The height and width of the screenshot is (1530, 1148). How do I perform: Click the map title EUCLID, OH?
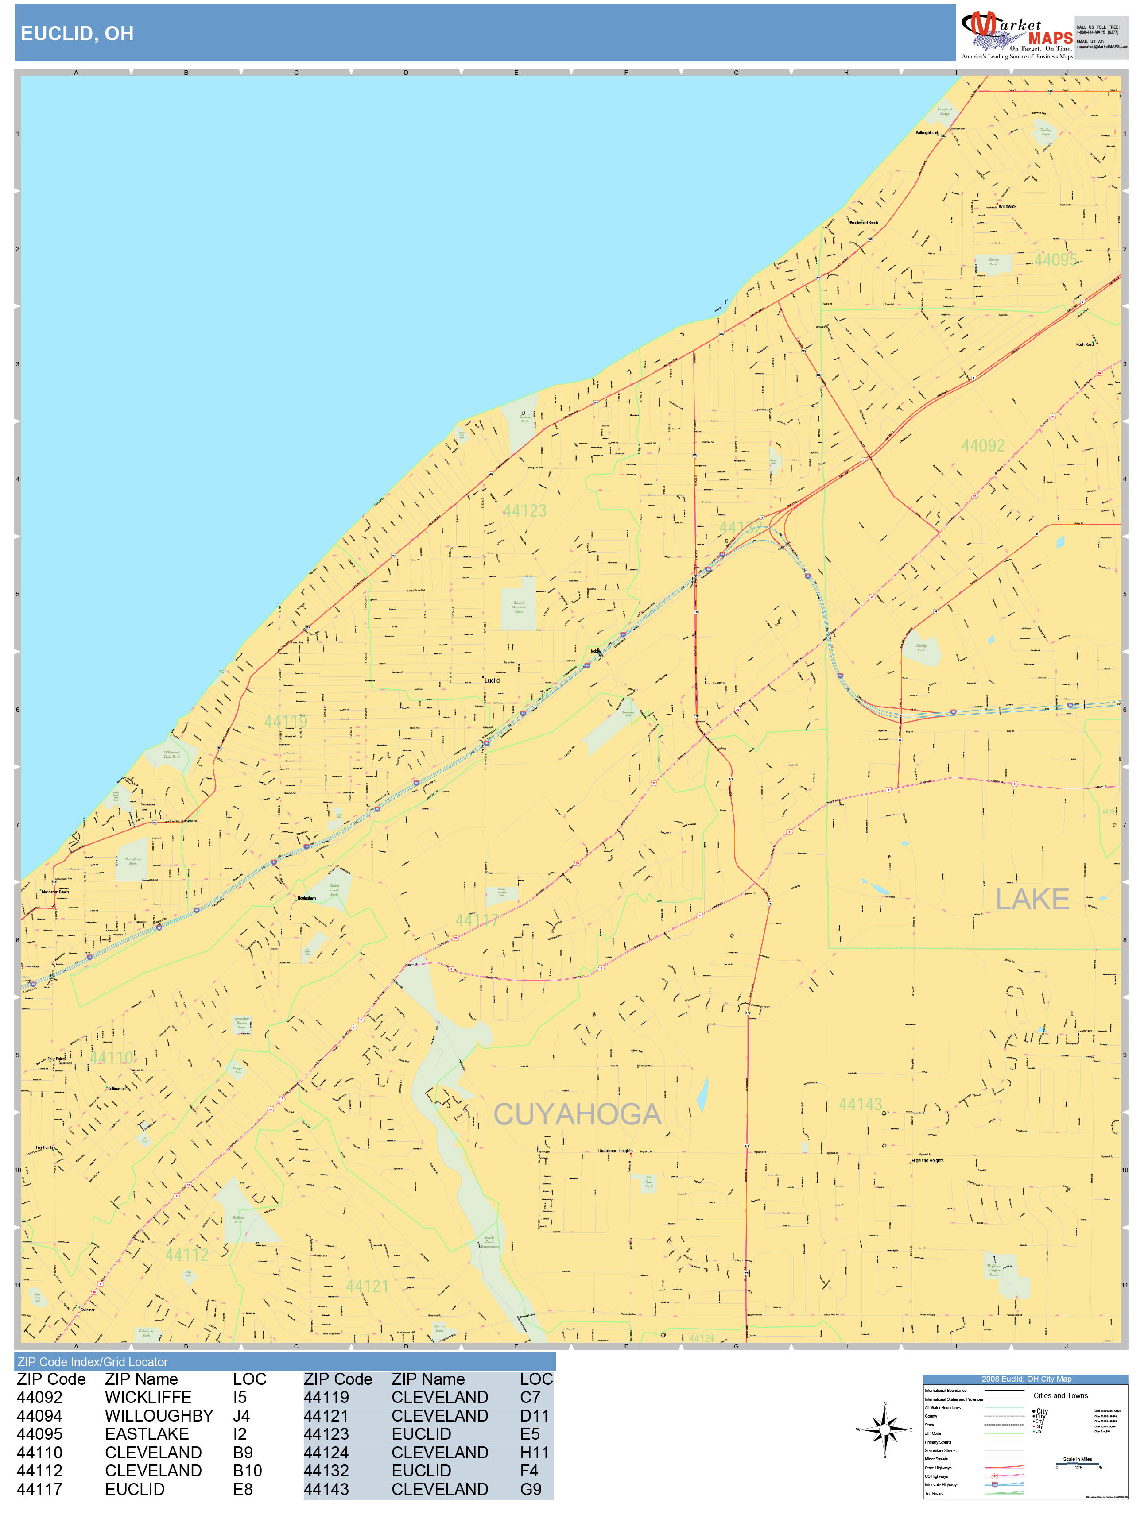[77, 33]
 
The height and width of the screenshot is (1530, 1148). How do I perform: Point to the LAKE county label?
[1032, 899]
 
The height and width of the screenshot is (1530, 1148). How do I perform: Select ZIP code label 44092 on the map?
[983, 445]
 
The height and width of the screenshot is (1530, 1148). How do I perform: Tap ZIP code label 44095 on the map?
[1055, 259]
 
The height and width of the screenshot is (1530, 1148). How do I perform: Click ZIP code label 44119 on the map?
[285, 722]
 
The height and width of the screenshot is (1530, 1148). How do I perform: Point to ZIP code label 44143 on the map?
[860, 1105]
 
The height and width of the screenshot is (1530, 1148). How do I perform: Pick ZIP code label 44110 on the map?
[111, 1058]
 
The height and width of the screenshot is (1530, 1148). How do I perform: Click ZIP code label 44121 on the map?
[367, 1286]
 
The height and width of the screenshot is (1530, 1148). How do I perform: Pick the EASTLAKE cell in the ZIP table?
[147, 1434]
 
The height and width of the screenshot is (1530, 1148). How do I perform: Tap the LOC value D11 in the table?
[534, 1416]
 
